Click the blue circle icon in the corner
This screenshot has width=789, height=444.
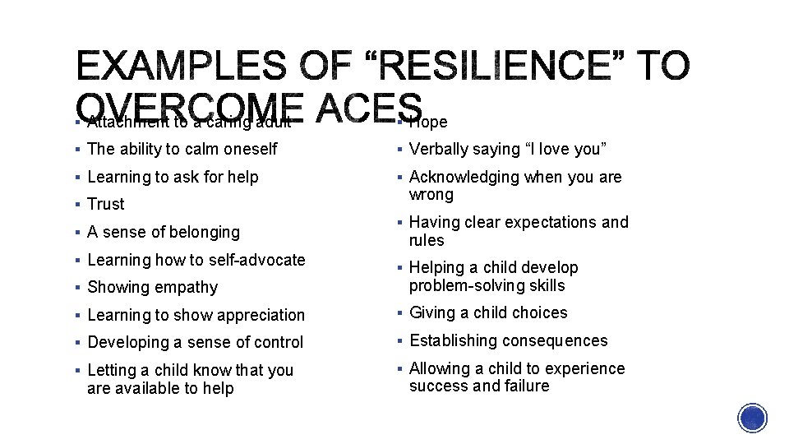(x=753, y=419)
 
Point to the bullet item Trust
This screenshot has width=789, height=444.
(x=106, y=204)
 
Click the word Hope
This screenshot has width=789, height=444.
(x=428, y=123)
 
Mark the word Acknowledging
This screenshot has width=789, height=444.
(x=464, y=177)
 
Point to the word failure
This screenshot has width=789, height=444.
(x=524, y=386)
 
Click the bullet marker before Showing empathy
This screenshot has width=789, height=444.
(x=76, y=288)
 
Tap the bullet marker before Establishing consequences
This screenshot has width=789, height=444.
(x=398, y=340)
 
